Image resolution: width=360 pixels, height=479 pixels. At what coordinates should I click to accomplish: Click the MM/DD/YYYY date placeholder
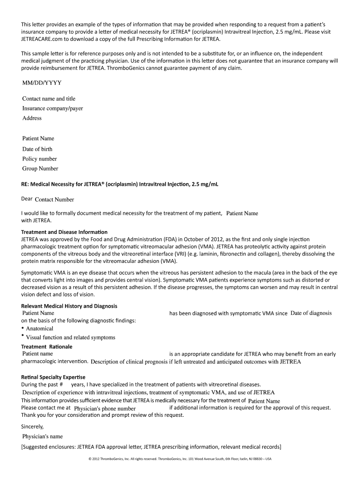tap(42, 83)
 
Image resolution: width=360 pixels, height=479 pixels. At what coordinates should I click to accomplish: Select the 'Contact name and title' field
tap(49, 99)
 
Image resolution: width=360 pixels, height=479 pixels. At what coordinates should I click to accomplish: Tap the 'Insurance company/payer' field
tap(52, 109)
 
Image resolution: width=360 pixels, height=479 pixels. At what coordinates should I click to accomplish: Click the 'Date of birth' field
tap(37, 149)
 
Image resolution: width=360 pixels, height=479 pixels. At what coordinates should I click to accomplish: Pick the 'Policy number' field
tap(40, 159)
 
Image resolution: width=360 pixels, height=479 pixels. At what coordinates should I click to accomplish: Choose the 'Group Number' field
tap(40, 169)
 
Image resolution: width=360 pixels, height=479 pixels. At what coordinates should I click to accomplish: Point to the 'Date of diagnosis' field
tap(311, 313)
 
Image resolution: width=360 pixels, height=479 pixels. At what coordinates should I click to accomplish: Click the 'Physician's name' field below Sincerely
tap(43, 436)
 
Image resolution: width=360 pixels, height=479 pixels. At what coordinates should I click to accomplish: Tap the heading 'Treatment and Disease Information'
tap(65, 232)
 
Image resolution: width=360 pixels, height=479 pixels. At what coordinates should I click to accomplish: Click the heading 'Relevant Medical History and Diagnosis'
tap(69, 306)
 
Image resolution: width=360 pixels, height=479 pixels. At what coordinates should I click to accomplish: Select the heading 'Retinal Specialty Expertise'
tap(53, 377)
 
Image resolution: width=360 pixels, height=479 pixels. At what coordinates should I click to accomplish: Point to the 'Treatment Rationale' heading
tap(47, 347)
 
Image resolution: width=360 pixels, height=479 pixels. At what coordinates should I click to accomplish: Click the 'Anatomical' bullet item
tap(40, 329)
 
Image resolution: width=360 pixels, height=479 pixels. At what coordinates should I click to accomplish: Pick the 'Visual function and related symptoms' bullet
tap(70, 338)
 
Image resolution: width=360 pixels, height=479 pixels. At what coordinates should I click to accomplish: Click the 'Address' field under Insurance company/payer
tap(32, 118)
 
